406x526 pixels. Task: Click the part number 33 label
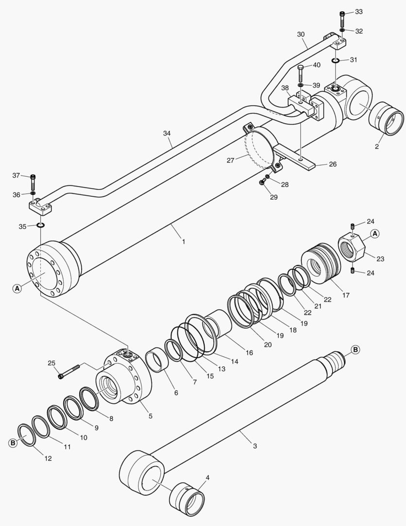click(358, 11)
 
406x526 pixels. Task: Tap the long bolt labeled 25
click(71, 371)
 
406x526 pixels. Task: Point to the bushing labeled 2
click(386, 118)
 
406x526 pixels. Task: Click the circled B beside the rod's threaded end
click(355, 350)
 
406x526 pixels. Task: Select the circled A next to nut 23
click(374, 234)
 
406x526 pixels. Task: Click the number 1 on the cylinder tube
click(183, 242)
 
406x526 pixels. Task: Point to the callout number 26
click(333, 164)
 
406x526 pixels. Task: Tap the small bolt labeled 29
click(263, 182)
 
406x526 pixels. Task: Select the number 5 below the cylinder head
click(150, 416)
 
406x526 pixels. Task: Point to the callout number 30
click(301, 35)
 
